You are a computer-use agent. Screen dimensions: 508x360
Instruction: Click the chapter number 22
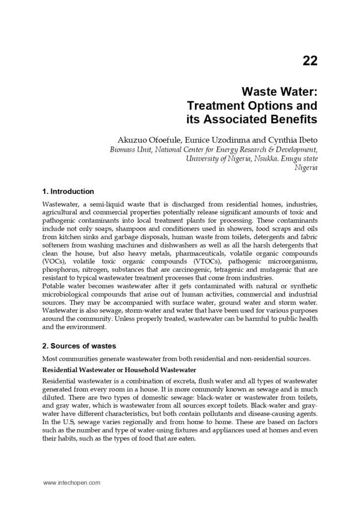coord(309,61)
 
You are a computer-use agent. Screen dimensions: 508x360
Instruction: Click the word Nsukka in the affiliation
coord(254,159)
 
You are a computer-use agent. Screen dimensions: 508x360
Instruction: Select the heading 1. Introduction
coord(68,191)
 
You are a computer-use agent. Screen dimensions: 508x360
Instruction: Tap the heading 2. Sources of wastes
coord(79,346)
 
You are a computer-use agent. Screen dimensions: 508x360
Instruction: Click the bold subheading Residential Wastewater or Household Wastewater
coord(119,370)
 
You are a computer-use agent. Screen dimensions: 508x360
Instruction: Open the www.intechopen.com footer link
coord(71,482)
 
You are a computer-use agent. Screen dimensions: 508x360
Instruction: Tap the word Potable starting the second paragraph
coord(54,286)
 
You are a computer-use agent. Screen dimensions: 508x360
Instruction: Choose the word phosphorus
coord(60,269)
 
